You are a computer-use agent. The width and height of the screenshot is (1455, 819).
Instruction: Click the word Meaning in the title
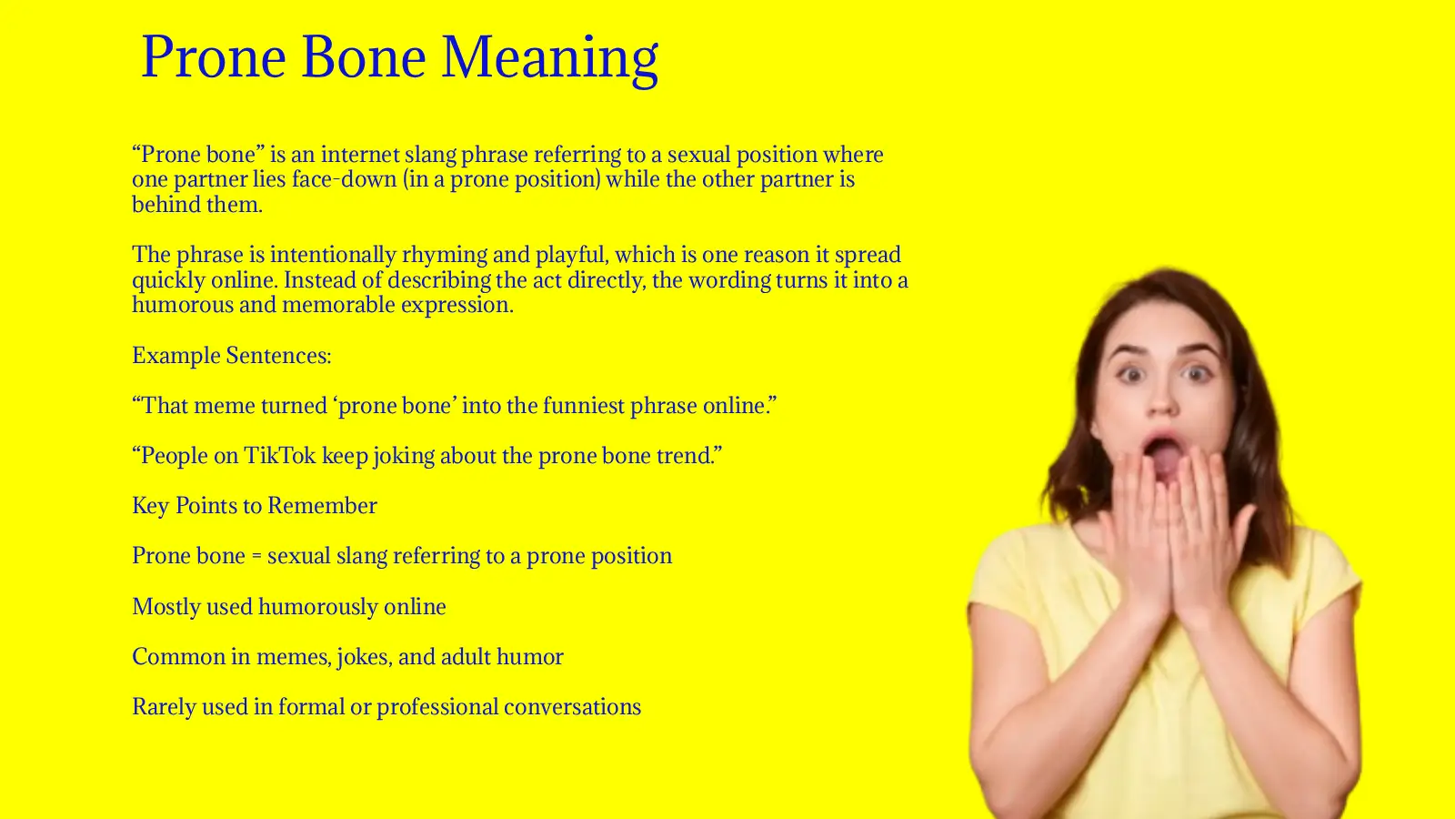pos(549,57)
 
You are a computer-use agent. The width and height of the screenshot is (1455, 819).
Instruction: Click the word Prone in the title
pos(214,57)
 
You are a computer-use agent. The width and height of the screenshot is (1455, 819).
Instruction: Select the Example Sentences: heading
pos(231,356)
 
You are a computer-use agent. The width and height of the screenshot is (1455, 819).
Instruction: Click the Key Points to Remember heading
pos(255,506)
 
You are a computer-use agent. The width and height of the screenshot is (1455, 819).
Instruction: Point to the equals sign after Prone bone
pos(256,557)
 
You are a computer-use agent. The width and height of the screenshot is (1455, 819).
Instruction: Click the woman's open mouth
pos(1161,451)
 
